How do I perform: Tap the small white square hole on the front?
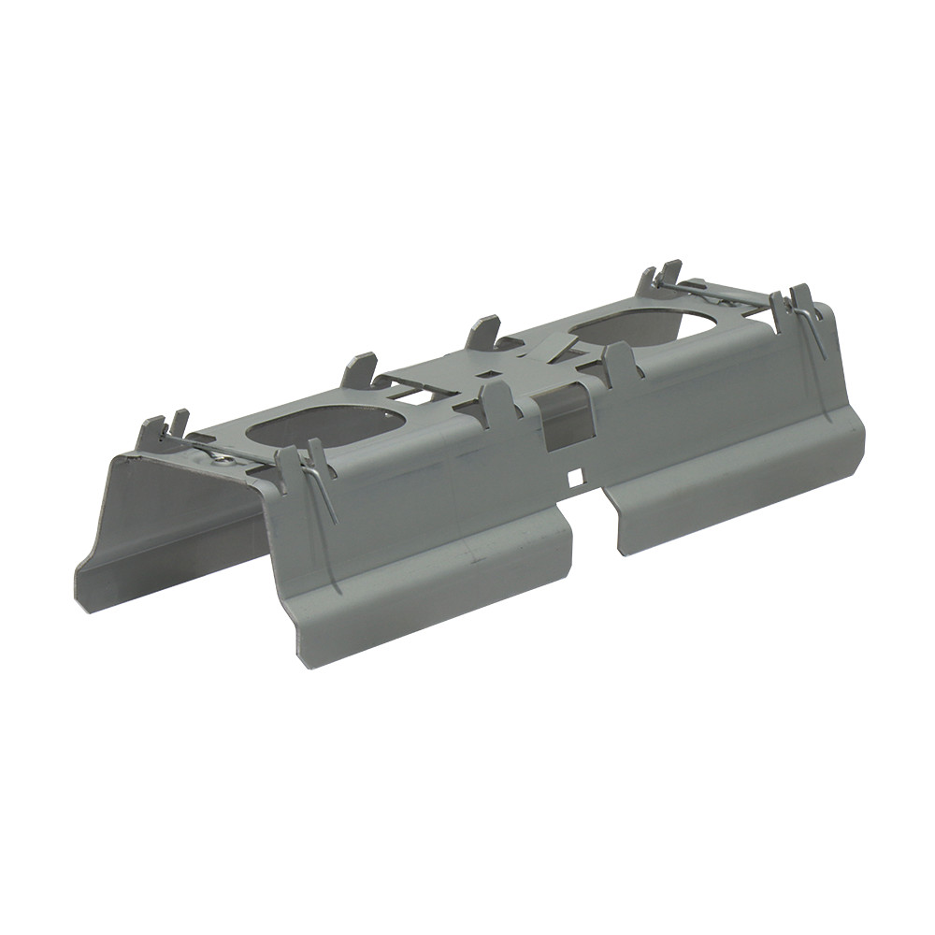coord(576,478)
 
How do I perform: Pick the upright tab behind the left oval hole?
coord(360,368)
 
